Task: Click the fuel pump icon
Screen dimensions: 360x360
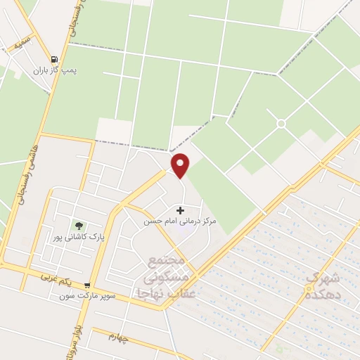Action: [x=55, y=60]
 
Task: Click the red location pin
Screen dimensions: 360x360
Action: [x=181, y=165]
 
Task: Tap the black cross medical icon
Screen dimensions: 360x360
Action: [x=181, y=210]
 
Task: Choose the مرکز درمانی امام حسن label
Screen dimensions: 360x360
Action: [x=180, y=221]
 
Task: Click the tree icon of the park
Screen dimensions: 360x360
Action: [x=79, y=226]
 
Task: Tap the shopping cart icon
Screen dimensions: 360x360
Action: [x=86, y=286]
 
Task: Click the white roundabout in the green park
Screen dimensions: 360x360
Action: [x=281, y=124]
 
